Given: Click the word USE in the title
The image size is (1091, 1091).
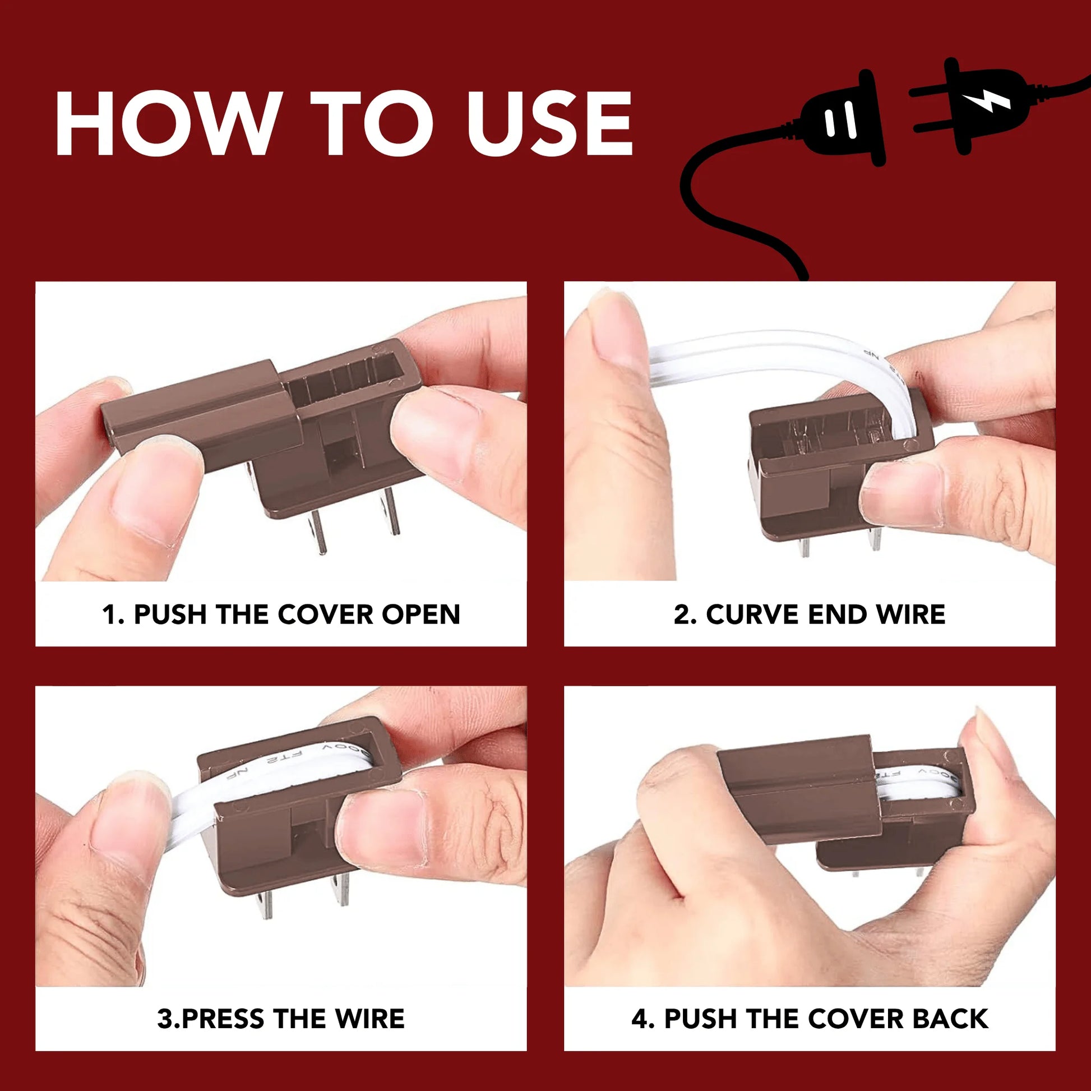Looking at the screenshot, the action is tap(549, 123).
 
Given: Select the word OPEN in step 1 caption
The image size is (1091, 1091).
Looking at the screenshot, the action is tap(421, 614).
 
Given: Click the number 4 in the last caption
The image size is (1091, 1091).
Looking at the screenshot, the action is tap(639, 1019).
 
